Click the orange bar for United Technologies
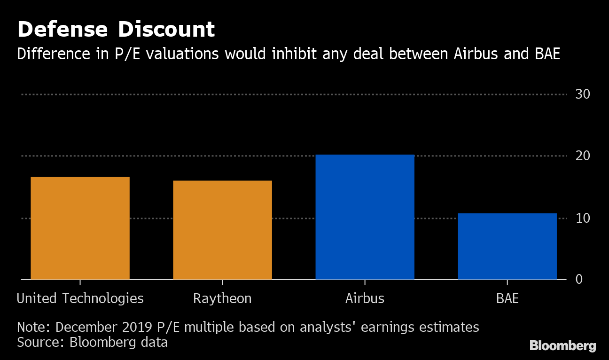(x=80, y=228)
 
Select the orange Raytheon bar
(x=222, y=230)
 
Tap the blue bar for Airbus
(x=365, y=217)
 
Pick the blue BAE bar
(x=507, y=246)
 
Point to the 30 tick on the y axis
(x=582, y=94)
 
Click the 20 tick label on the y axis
(x=582, y=156)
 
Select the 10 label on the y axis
(x=582, y=218)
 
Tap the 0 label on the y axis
(x=579, y=279)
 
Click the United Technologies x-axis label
(x=80, y=298)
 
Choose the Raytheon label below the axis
(x=222, y=299)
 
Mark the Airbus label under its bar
(x=365, y=298)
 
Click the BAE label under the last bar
(x=507, y=298)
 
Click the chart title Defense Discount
(x=116, y=30)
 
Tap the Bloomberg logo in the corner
(x=562, y=346)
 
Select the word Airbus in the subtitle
(x=476, y=54)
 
